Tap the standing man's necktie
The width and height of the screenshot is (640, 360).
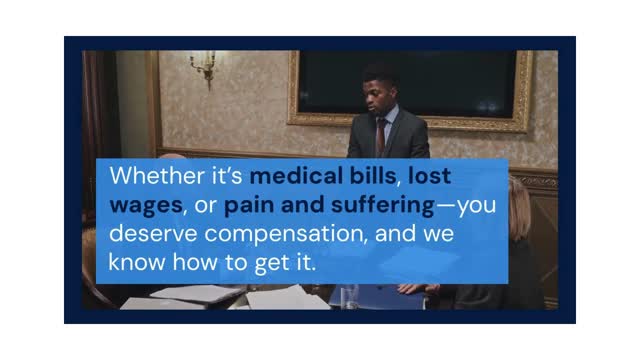click(380, 136)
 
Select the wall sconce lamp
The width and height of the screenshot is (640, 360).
click(203, 67)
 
